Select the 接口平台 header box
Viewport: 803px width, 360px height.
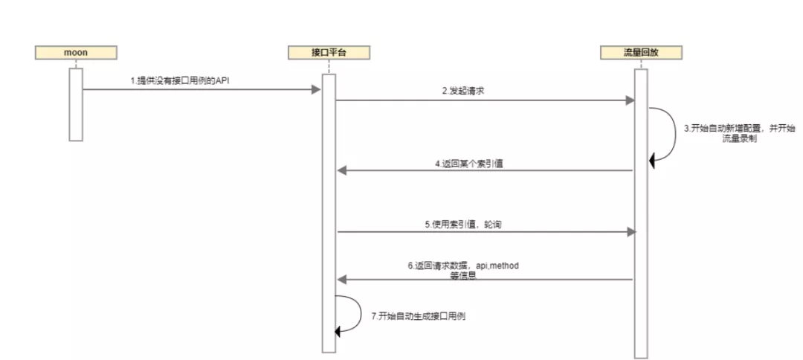tap(328, 53)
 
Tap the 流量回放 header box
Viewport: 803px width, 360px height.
tap(641, 53)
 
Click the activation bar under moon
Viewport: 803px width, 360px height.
tap(74, 104)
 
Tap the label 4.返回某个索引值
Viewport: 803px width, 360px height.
tap(469, 164)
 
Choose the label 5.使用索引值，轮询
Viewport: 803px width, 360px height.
tap(468, 223)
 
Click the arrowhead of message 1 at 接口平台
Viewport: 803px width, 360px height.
tap(316, 90)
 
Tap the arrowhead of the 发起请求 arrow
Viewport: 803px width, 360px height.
tap(631, 100)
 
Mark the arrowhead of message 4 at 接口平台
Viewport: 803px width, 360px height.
tap(342, 171)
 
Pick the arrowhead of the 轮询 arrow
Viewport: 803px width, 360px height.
tap(631, 231)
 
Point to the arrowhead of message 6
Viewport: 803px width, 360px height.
tap(342, 280)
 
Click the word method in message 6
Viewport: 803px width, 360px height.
tap(513, 266)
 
